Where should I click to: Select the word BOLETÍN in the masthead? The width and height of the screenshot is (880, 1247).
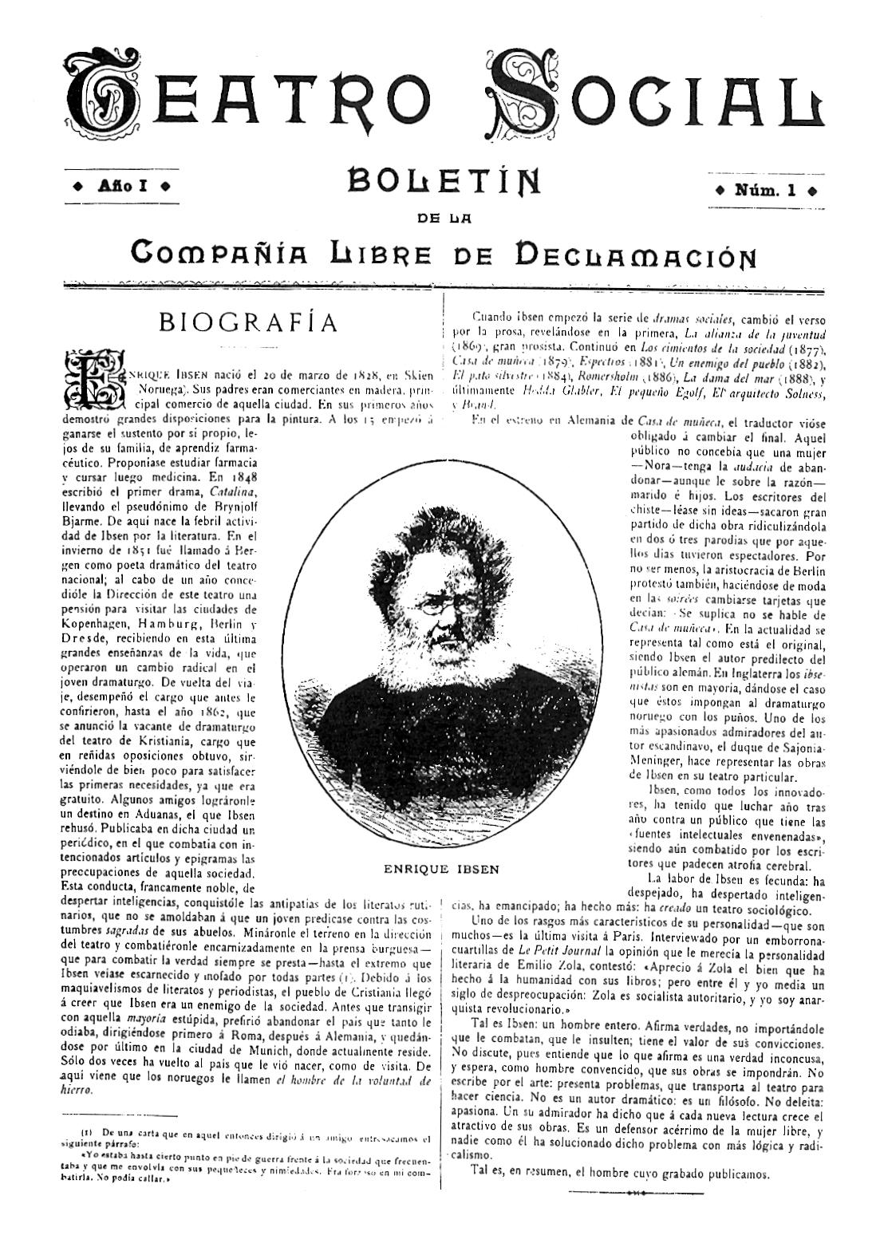coord(444,183)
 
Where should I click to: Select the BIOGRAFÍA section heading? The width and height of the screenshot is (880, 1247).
coord(248,322)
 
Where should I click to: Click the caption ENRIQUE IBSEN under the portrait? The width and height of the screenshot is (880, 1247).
coord(440,869)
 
